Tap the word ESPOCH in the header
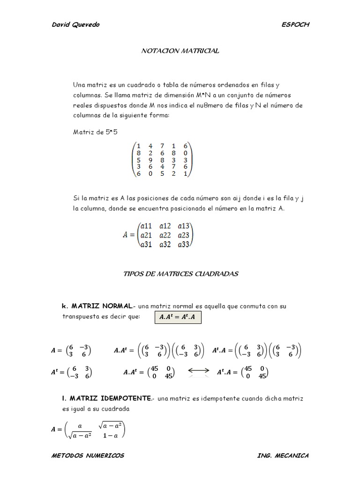click(295, 25)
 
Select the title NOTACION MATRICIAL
click(180, 51)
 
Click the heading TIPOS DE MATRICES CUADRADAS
click(180, 274)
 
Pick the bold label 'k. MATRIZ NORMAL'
click(97, 306)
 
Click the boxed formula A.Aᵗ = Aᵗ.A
click(180, 317)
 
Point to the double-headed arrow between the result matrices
click(198, 372)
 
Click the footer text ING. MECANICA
click(283, 456)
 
